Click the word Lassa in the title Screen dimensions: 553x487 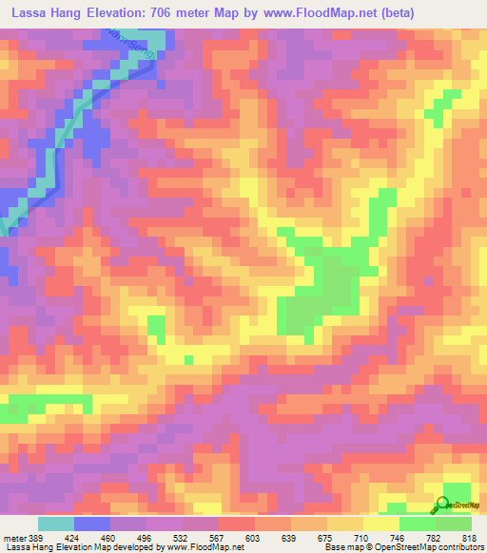tap(28, 14)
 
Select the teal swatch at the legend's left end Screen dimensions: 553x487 tap(56, 524)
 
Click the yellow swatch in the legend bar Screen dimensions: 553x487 tap(380, 524)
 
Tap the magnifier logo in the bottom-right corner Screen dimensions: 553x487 tap(443, 505)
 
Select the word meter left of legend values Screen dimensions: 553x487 tap(14, 537)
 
